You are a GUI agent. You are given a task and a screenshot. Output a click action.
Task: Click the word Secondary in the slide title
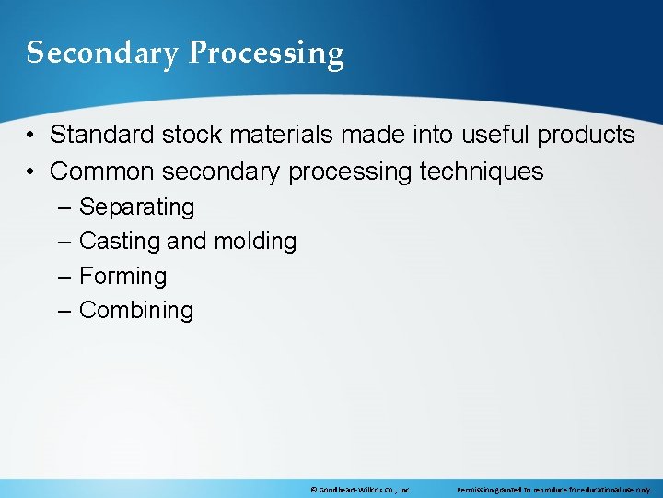102,53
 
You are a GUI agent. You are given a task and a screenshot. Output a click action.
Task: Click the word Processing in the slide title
266,53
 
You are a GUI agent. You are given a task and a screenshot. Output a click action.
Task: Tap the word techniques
482,172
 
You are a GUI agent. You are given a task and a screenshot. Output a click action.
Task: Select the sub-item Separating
137,207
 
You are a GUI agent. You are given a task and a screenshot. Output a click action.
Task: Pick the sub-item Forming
123,277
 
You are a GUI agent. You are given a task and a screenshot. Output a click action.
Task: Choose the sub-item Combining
136,311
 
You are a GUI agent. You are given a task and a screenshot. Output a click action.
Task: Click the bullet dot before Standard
31,136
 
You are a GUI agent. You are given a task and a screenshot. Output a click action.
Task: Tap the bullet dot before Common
31,172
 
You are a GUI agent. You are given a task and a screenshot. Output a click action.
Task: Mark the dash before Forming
64,277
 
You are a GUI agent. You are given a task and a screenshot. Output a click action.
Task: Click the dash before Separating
64,207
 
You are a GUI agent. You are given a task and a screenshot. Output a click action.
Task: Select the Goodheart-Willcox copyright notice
360,490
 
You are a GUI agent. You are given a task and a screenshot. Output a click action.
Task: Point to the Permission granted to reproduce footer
553,490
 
